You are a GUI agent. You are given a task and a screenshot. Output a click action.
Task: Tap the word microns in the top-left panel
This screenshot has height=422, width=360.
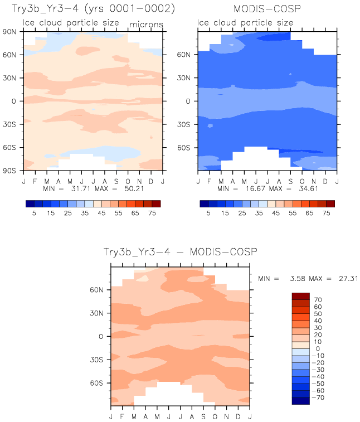(147, 25)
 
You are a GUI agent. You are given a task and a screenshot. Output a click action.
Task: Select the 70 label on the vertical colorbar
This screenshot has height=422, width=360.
(318, 299)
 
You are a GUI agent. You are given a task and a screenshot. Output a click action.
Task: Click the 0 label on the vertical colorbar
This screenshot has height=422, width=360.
(318, 349)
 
